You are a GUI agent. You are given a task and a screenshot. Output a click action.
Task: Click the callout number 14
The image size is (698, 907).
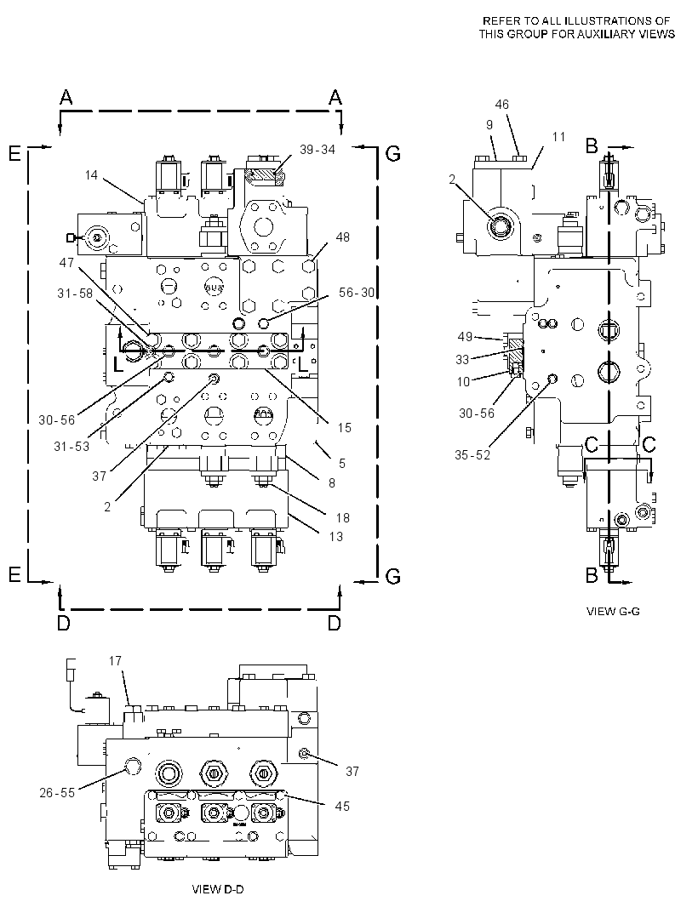tap(91, 174)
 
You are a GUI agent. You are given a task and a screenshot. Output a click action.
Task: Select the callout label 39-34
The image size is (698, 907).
tap(318, 149)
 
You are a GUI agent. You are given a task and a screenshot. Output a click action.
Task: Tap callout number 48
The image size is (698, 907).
tap(343, 237)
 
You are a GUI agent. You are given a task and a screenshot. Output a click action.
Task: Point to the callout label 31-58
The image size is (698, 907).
tap(75, 294)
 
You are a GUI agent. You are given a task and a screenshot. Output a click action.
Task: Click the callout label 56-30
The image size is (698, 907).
tap(357, 293)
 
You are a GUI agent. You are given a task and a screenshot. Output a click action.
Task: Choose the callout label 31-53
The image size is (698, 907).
tap(72, 446)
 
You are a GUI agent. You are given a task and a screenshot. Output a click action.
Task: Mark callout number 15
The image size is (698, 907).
tap(345, 427)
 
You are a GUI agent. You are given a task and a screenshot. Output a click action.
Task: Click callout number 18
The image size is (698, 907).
tap(343, 517)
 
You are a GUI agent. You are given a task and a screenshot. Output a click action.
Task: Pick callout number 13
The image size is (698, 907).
tap(335, 536)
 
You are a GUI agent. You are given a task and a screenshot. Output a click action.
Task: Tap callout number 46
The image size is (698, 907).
tap(502, 104)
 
